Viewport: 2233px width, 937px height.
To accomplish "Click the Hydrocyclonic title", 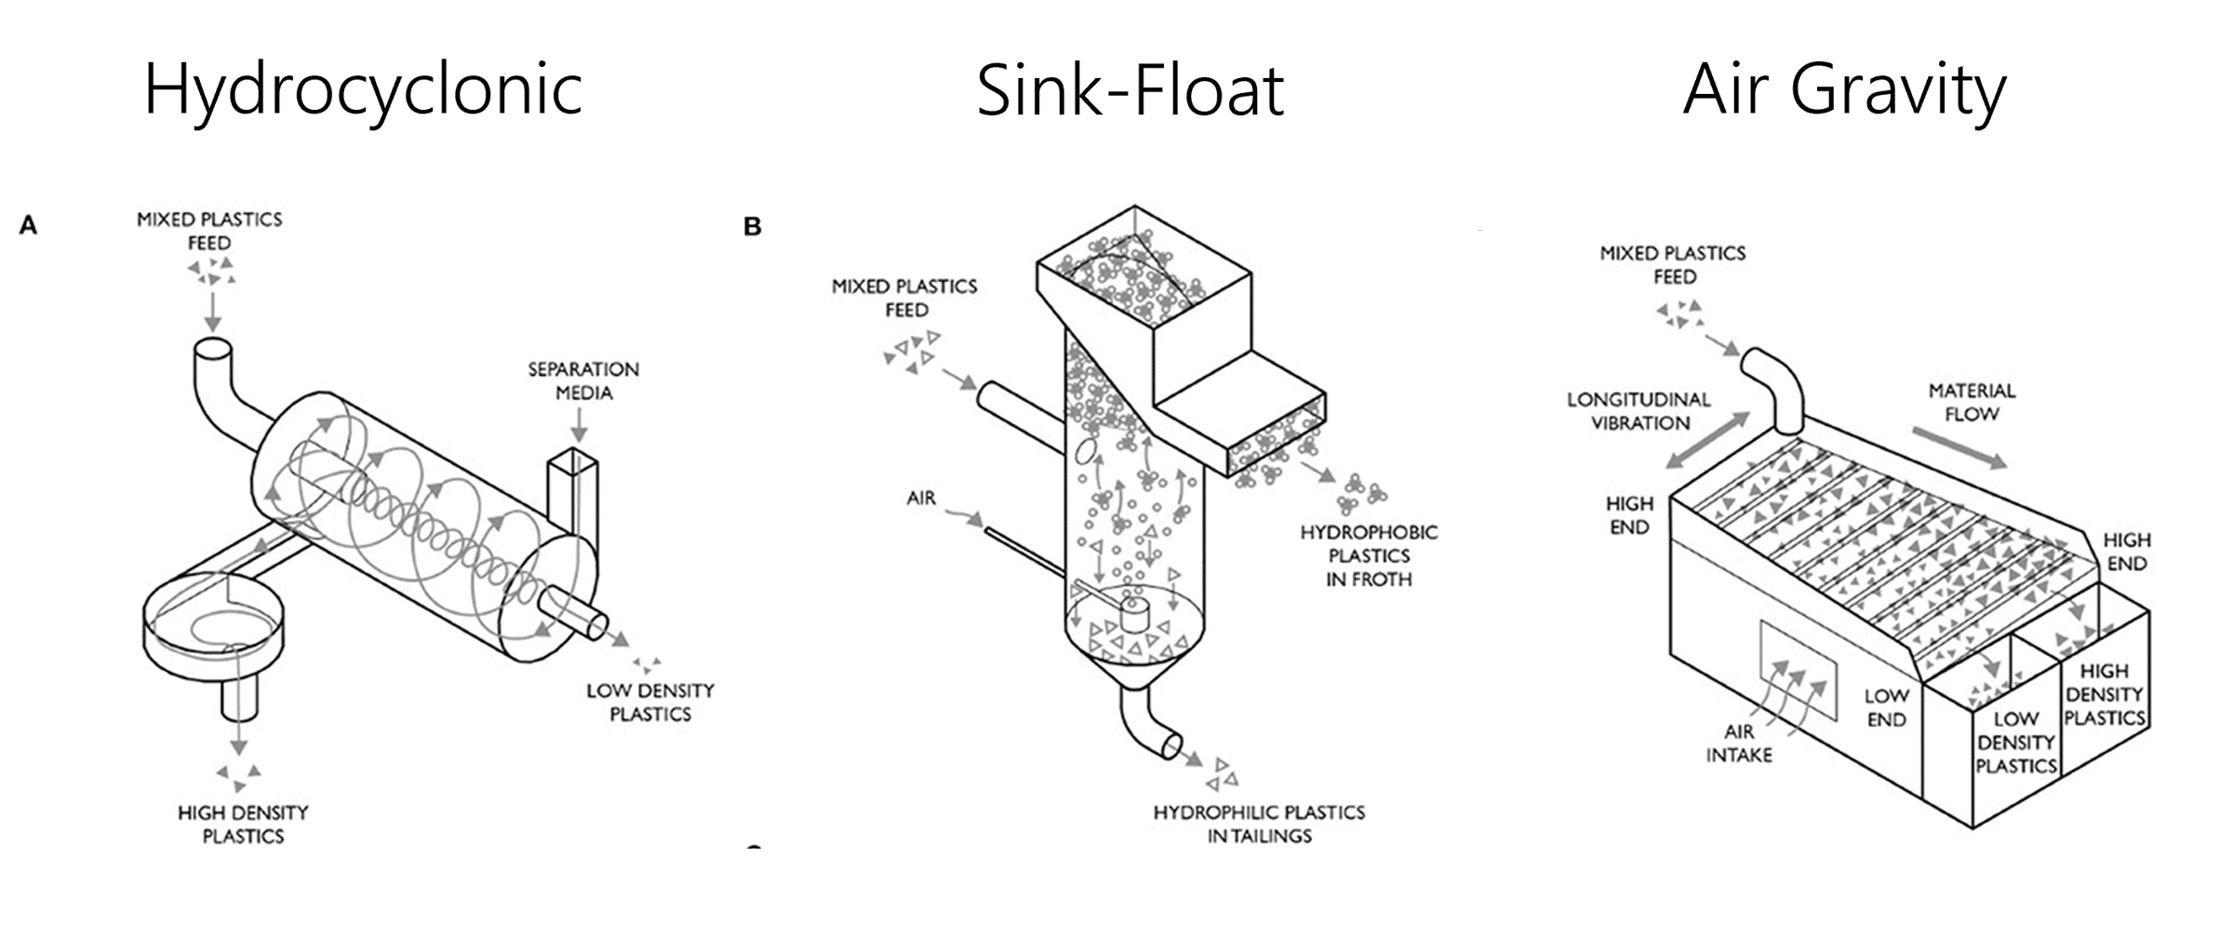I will [363, 90].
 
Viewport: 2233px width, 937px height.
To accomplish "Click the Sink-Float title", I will [1130, 90].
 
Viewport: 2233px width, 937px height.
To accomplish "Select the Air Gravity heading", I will [1844, 90].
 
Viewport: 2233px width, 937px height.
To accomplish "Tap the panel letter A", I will [28, 225].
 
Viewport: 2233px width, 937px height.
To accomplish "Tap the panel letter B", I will [753, 226].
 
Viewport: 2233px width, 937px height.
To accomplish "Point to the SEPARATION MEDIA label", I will [583, 381].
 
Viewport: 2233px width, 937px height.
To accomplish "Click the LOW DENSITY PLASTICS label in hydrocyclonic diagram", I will [649, 703].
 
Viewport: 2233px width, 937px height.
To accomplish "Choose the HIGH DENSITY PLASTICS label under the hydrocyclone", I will [243, 824].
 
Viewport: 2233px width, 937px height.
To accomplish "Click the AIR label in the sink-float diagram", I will [921, 499].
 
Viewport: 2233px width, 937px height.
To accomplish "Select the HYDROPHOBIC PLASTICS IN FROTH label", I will [1369, 556].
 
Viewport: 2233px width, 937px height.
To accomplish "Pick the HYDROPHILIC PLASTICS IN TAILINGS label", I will [1259, 824].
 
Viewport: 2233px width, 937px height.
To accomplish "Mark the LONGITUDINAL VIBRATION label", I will [1639, 411].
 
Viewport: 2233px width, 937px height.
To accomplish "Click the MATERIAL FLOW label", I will [1972, 402].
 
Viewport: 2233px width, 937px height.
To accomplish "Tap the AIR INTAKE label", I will [1738, 743].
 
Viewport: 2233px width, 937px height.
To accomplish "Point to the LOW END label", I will [1886, 708].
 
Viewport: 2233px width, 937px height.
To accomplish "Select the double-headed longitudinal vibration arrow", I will [1708, 440].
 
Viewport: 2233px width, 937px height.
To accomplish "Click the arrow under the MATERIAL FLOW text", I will [1959, 447].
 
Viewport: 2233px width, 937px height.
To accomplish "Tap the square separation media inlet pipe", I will [572, 493].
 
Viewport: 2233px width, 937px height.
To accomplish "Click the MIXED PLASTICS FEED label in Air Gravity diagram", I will [1673, 265].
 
